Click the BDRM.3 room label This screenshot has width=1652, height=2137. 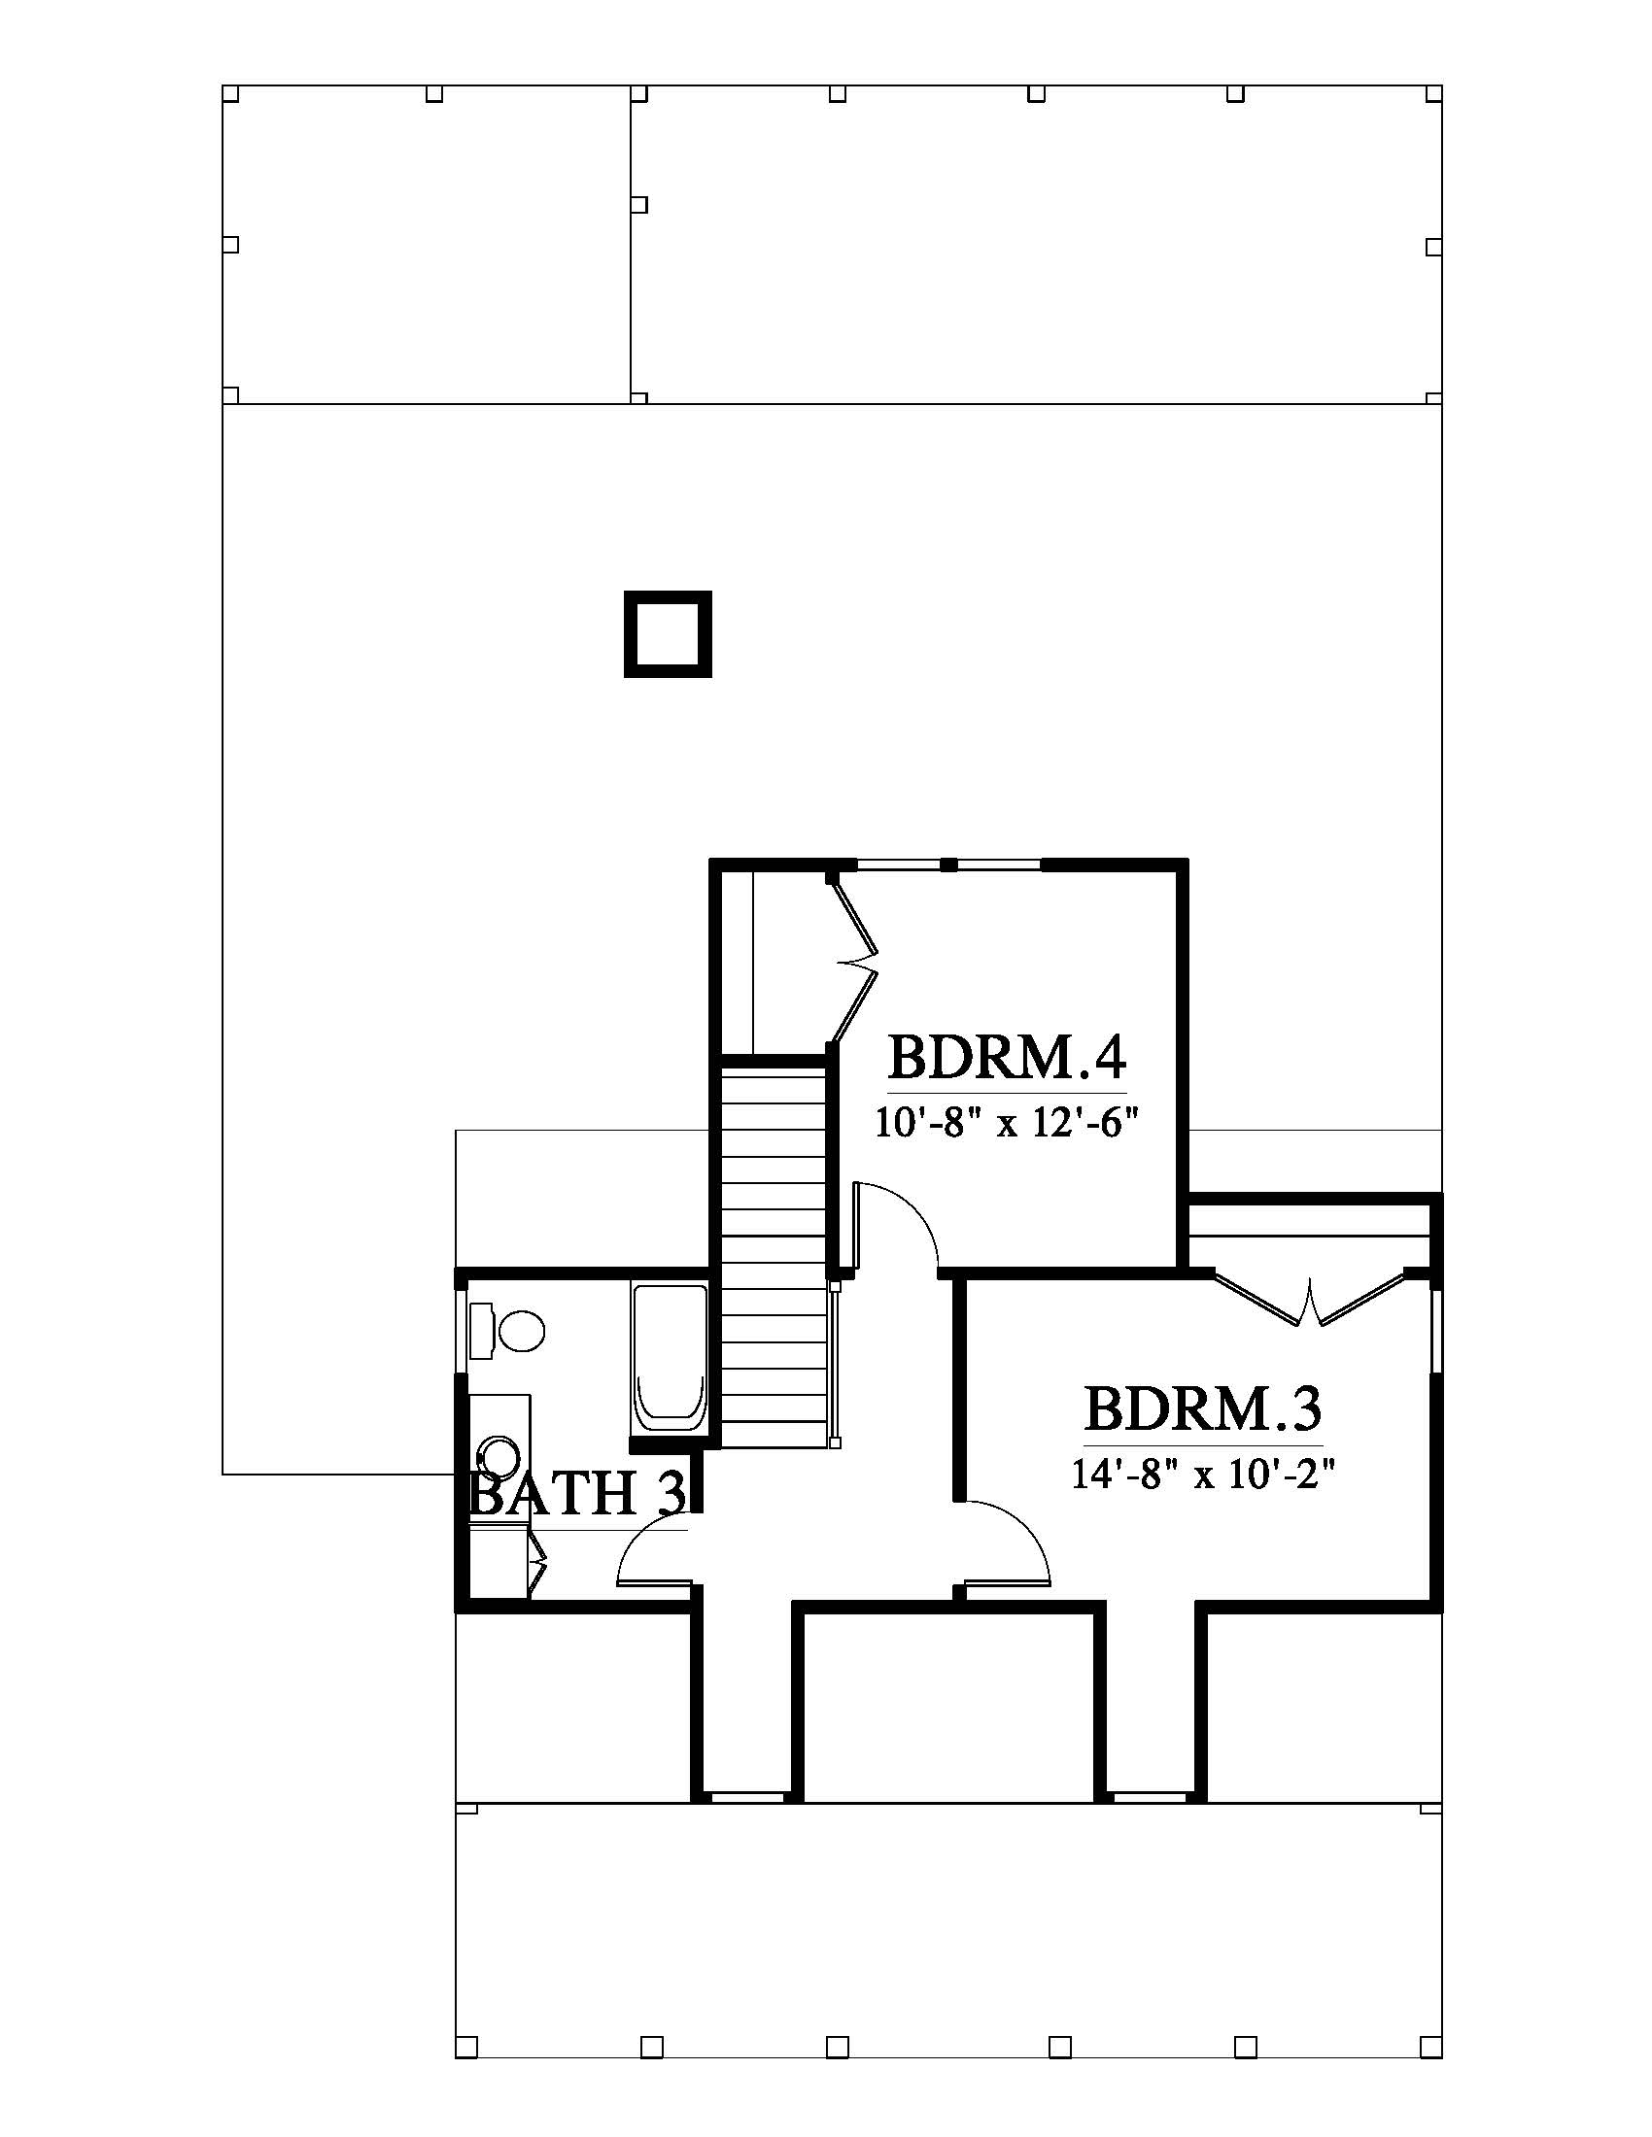tap(1203, 1409)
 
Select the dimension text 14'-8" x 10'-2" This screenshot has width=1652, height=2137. tap(1203, 1475)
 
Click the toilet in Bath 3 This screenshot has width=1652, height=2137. tap(508, 1331)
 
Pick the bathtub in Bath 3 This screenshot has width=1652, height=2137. tap(670, 1361)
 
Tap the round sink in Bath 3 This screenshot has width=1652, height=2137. tap(500, 1457)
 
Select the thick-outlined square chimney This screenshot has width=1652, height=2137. tap(668, 634)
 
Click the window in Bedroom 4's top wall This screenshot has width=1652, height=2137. tap(948, 864)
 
